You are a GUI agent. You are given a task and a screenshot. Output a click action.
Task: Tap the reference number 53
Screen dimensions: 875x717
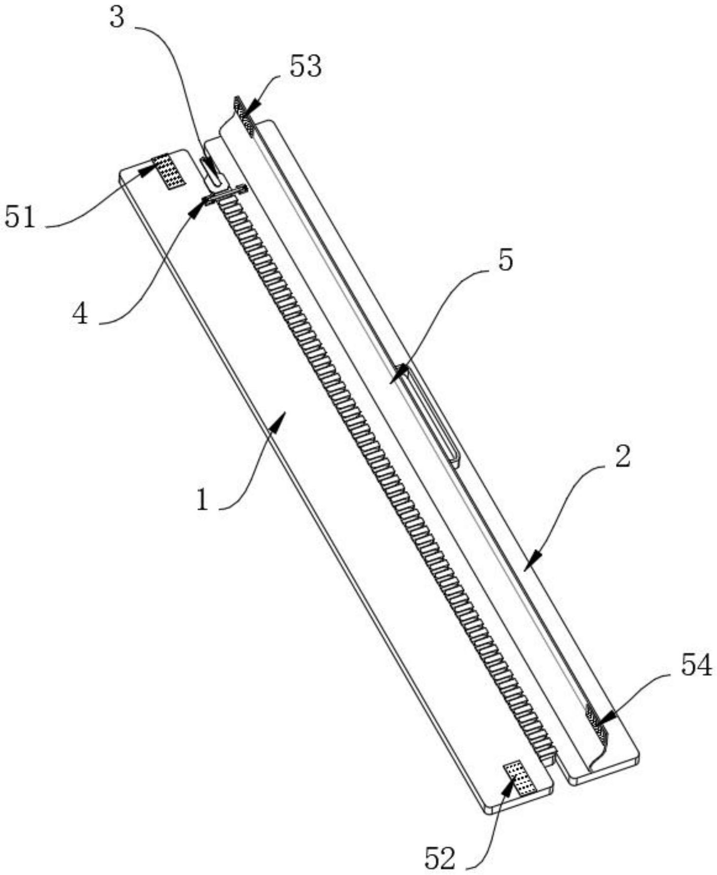[x=305, y=67]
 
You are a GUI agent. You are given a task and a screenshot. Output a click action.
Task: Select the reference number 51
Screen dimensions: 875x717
[x=20, y=217]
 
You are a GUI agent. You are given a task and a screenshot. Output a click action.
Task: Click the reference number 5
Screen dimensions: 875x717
[x=505, y=260]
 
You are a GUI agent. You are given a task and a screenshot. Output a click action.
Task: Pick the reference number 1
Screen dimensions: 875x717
[x=203, y=500]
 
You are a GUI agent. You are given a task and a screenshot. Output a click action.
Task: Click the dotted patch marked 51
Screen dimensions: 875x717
[x=169, y=171]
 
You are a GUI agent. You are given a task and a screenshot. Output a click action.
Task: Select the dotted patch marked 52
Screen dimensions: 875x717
[x=519, y=779]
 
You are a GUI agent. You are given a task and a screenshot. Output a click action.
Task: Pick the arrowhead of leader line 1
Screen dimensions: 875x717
[x=280, y=420]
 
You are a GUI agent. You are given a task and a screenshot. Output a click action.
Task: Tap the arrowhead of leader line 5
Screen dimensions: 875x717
[x=398, y=375]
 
